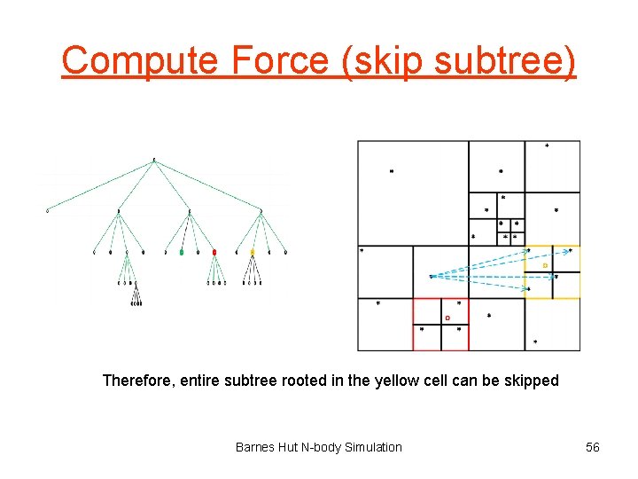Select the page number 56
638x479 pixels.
(x=593, y=447)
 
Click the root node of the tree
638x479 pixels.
(x=154, y=160)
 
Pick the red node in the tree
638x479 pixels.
(x=214, y=253)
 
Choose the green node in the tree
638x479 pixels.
(x=182, y=253)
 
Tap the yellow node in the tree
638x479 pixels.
(x=252, y=253)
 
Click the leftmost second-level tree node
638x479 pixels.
(x=48, y=211)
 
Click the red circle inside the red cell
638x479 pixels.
(x=447, y=318)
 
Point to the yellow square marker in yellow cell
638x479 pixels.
(x=545, y=265)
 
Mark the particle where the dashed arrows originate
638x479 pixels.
(x=432, y=276)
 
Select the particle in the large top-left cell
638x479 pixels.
(x=392, y=171)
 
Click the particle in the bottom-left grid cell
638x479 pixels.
(x=378, y=303)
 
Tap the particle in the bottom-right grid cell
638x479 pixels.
(x=536, y=342)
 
